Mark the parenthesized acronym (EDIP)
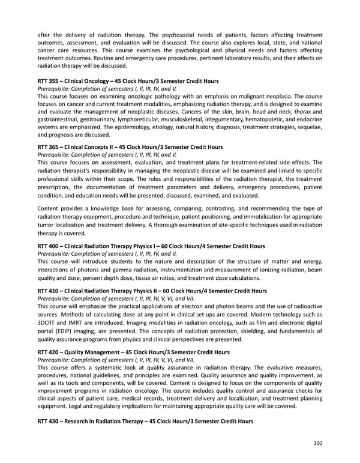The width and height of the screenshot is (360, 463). (64, 330)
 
